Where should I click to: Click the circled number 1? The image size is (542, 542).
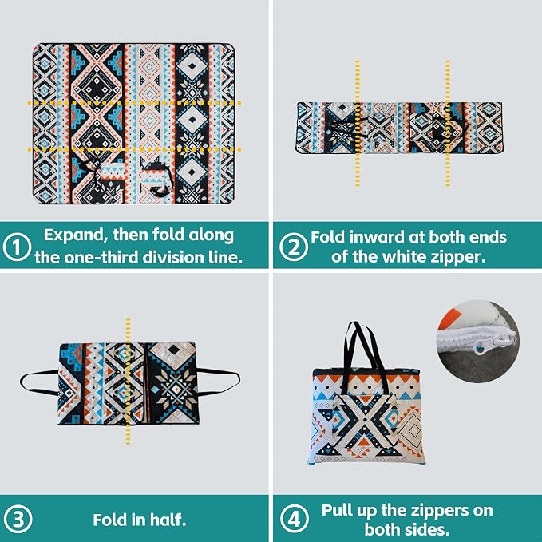17,247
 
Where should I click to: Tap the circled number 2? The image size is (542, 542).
294,247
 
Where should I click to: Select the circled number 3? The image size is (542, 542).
18,519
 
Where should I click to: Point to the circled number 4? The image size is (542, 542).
295,519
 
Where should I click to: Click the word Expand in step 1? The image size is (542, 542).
73,236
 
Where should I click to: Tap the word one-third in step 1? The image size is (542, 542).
101,257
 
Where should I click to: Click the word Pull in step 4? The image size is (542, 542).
336,510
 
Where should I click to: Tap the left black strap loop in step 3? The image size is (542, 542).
38,382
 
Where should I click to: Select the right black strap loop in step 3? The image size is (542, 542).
220,382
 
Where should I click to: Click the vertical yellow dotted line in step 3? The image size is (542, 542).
129,381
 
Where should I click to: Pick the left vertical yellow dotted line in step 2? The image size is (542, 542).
358,124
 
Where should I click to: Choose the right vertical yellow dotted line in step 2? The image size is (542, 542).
448,124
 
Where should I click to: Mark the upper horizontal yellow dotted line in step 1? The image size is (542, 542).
134,103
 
